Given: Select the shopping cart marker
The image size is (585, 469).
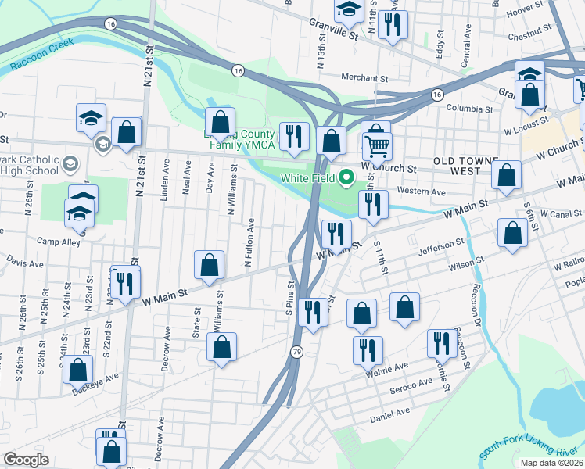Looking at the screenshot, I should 377,146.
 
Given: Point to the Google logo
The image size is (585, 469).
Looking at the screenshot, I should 26,460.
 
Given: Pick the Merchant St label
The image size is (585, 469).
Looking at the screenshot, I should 365,78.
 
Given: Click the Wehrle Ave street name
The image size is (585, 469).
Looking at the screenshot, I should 391,367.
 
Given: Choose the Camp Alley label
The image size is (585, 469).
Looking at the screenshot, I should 59,242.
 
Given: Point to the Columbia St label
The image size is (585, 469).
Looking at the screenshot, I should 469,110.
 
